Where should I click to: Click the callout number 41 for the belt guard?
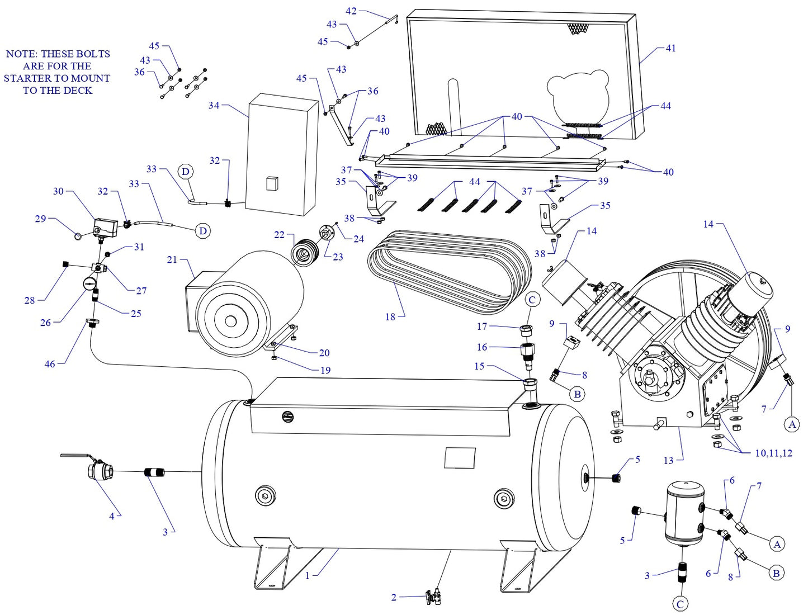point(670,48)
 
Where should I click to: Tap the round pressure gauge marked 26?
point(89,283)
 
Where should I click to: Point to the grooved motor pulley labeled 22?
point(304,253)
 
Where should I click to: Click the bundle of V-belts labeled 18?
point(447,274)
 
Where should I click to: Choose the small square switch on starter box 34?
point(272,183)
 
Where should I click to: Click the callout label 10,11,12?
point(773,453)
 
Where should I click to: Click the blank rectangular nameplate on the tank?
point(460,457)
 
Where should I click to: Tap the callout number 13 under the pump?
point(668,461)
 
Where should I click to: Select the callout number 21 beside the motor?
point(172,259)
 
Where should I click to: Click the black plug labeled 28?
point(65,264)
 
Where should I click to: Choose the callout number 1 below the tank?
point(307,575)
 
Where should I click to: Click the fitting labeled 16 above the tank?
point(528,352)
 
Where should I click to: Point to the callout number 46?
point(50,364)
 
